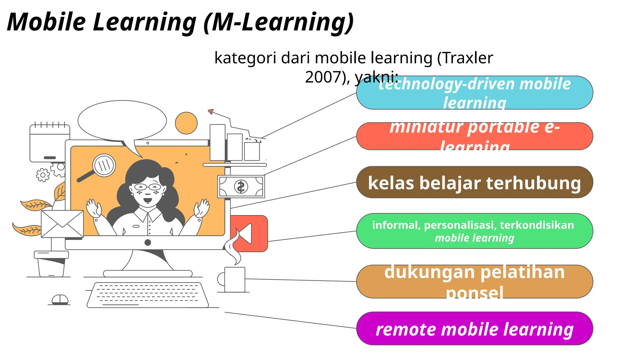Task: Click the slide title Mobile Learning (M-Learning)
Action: click(180, 22)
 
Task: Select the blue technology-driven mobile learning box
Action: click(474, 93)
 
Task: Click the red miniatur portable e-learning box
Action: click(474, 136)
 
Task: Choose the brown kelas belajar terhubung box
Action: click(474, 182)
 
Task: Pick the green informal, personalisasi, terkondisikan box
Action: click(474, 231)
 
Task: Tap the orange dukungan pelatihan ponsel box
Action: click(474, 282)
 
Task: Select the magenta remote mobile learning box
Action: click(474, 328)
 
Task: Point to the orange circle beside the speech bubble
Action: click(186, 123)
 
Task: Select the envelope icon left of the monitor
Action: click(62, 224)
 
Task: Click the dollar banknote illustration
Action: click(241, 187)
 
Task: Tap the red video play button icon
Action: click(250, 233)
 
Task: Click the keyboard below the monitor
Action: click(147, 295)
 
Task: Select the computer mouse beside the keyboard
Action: click(60, 300)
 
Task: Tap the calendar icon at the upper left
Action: click(50, 143)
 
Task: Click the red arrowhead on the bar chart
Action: click(211, 111)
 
